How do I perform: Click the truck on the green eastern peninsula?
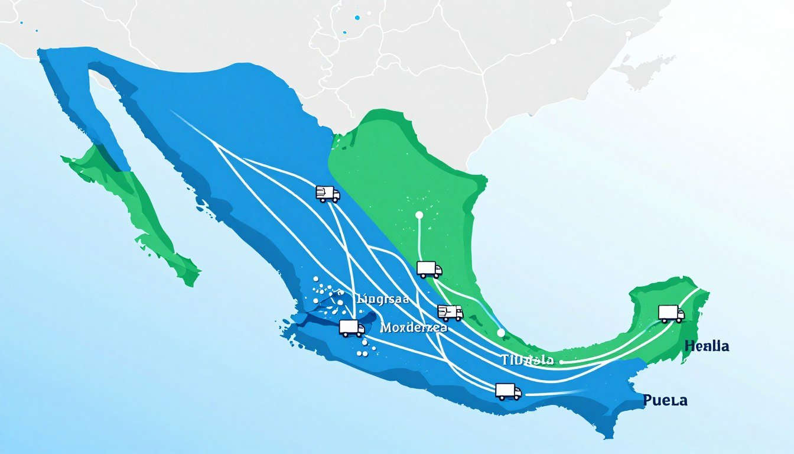pyautogui.click(x=671, y=313)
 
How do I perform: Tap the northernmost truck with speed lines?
pyautogui.click(x=328, y=193)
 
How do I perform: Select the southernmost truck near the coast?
pyautogui.click(x=508, y=391)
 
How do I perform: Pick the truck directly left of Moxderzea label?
pyautogui.click(x=352, y=327)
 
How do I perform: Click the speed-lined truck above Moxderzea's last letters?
pyautogui.click(x=450, y=312)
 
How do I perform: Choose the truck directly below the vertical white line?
pyautogui.click(x=429, y=269)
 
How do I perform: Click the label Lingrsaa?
pyautogui.click(x=383, y=299)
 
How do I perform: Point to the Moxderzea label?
pyautogui.click(x=414, y=327)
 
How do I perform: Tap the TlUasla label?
pyautogui.click(x=527, y=360)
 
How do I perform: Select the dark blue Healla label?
pyautogui.click(x=707, y=346)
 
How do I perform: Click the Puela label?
pyautogui.click(x=665, y=401)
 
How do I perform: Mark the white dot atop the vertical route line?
pyautogui.click(x=419, y=215)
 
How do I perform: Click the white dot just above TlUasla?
pyautogui.click(x=501, y=333)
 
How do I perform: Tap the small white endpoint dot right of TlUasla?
pyautogui.click(x=561, y=361)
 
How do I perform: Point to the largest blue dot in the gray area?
pyautogui.click(x=357, y=17)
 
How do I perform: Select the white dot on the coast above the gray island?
pyautogui.click(x=629, y=34)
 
